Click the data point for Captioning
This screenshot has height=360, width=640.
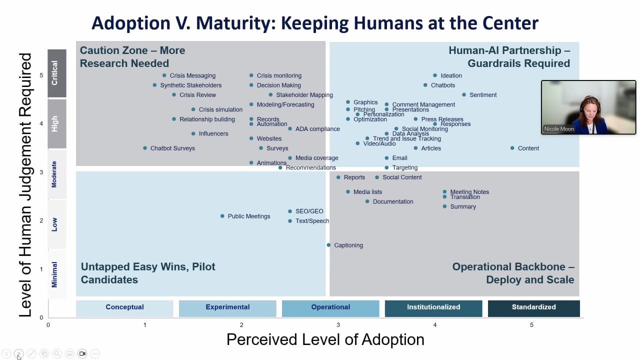[328, 245]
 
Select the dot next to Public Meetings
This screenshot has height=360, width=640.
[222, 216]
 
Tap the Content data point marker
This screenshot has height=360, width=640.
[512, 148]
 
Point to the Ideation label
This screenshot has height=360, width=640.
[451, 75]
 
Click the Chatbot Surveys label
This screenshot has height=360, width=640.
[172, 148]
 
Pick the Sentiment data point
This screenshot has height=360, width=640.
[464, 94]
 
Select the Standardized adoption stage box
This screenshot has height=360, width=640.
[533, 307]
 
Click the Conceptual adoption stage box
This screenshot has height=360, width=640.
[124, 307]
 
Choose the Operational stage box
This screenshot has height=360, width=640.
[330, 307]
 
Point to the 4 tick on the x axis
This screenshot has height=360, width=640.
[435, 325]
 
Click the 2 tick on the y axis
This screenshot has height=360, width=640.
[41, 220]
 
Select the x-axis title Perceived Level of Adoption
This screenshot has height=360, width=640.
[325, 339]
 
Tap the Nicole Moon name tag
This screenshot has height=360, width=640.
[559, 129]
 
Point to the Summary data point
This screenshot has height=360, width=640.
[444, 206]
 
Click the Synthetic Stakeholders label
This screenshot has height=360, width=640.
[190, 85]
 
